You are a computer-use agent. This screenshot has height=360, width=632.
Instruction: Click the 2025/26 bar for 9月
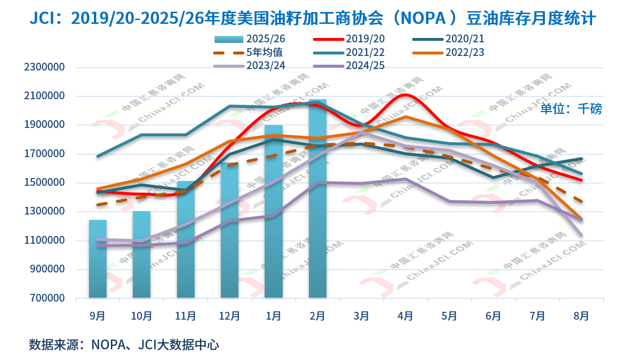click(98, 259)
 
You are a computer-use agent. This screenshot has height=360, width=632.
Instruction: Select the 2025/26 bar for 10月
click(142, 254)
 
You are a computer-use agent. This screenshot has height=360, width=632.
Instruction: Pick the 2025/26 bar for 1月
click(273, 212)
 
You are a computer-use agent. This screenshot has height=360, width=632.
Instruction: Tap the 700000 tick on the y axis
click(44, 298)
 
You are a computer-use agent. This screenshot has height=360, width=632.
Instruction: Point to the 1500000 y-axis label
click(44, 183)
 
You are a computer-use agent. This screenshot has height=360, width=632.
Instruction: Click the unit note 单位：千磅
click(571, 108)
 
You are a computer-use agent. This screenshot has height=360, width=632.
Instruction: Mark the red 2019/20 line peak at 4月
click(406, 95)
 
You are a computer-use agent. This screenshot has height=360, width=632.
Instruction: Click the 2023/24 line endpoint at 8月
click(581, 235)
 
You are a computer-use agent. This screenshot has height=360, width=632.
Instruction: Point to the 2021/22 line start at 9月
click(98, 156)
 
